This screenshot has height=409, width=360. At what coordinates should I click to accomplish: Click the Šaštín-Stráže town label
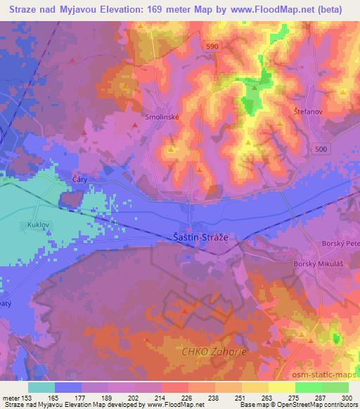[200, 238]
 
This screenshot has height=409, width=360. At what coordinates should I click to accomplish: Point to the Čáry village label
[79, 180]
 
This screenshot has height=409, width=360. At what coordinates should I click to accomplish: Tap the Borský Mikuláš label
[316, 264]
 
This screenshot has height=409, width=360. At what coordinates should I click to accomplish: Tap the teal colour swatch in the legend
[41, 387]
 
